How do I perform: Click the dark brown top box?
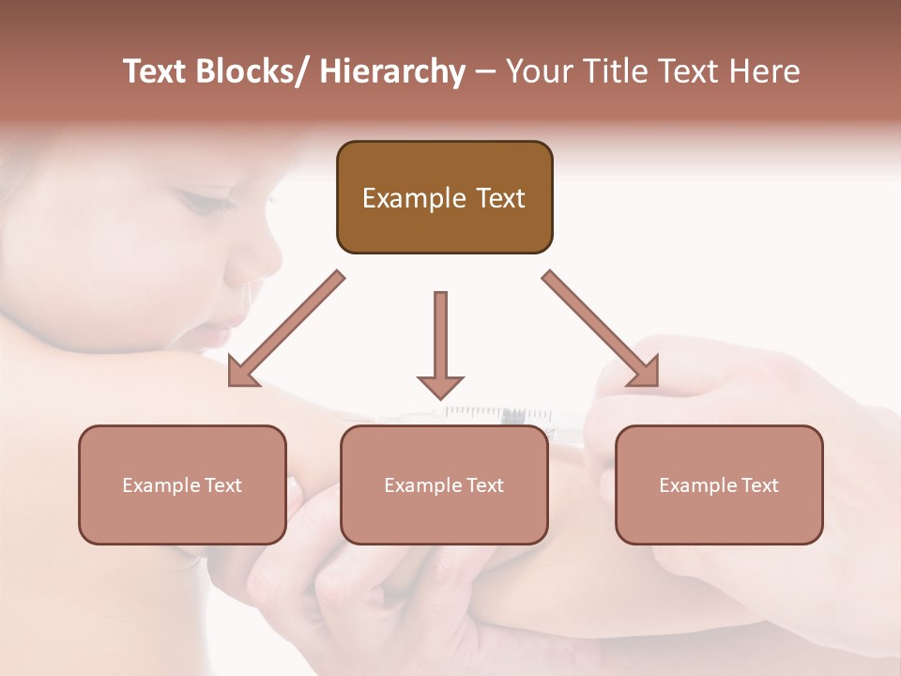(444, 197)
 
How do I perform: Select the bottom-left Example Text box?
(182, 484)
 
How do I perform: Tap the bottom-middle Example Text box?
(444, 484)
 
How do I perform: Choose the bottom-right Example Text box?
(719, 484)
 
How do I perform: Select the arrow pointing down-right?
(601, 329)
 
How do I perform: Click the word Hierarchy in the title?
(392, 71)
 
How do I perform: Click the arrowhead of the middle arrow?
(440, 385)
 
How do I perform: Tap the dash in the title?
(484, 71)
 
